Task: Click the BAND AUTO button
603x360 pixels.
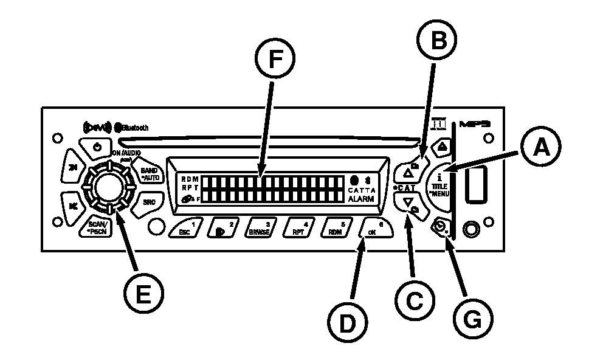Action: coord(148,173)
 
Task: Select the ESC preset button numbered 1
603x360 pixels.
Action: coord(186,229)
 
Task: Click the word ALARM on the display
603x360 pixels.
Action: coord(362,198)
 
